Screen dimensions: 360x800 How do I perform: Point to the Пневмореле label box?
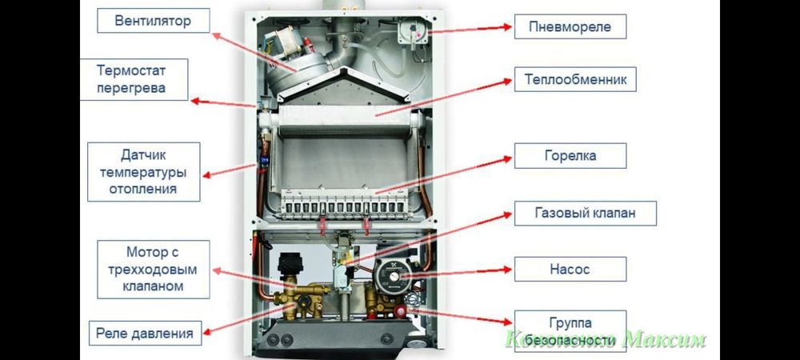570,26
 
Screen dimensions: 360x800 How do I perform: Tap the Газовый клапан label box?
585,214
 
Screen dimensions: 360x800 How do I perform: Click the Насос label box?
570,270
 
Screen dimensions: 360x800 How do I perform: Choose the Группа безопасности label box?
570,331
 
